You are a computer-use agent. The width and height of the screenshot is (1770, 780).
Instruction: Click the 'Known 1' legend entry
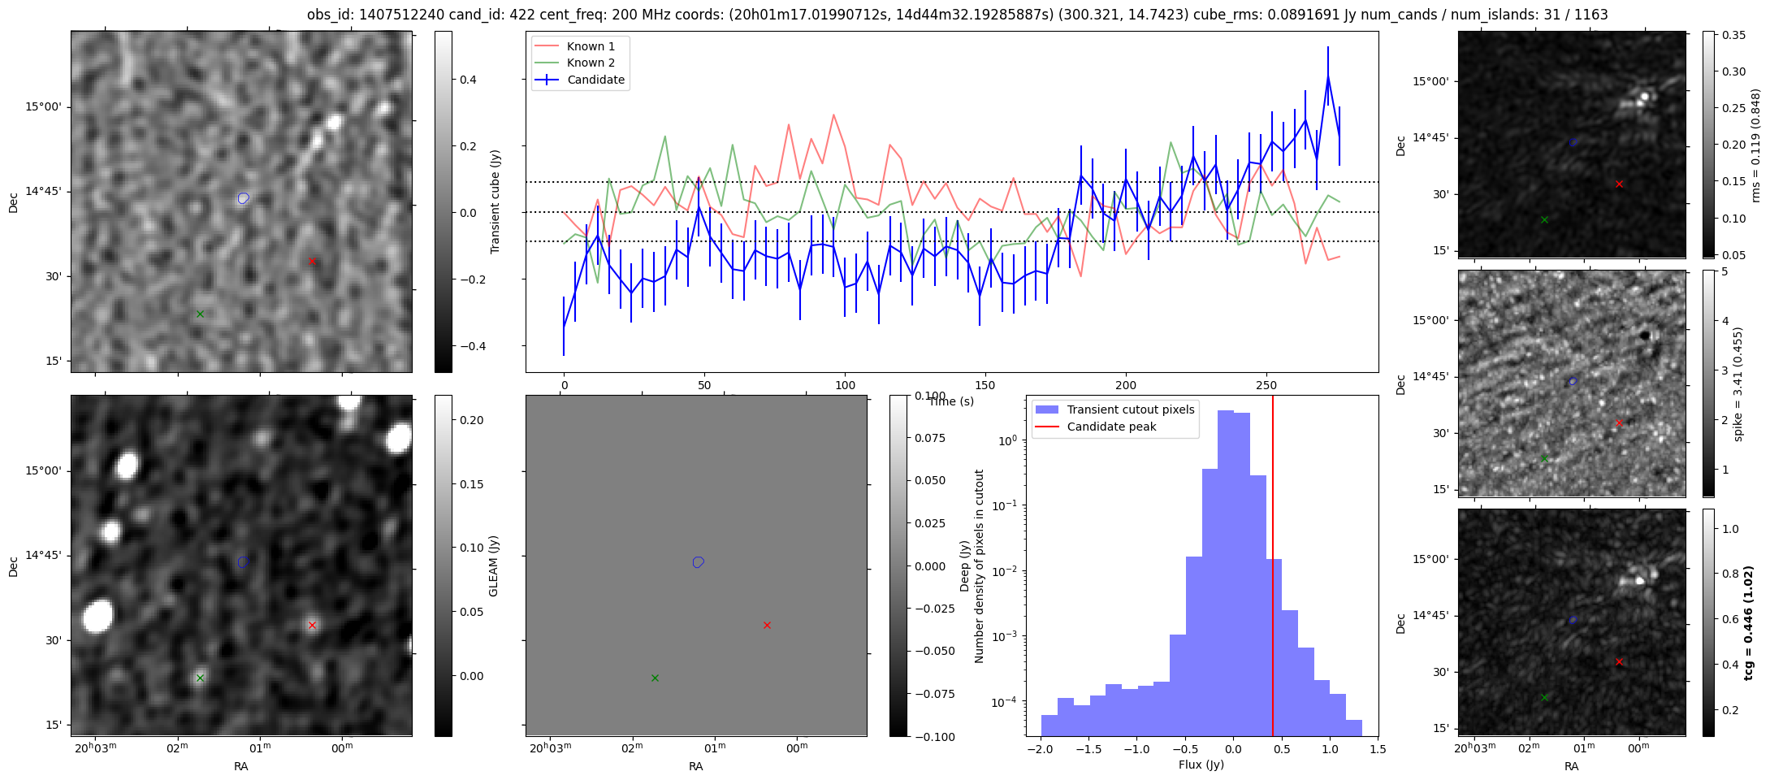pos(591,46)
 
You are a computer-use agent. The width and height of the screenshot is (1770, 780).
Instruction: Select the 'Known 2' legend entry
pos(591,63)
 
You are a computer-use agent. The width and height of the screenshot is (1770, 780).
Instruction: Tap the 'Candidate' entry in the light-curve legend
pos(595,80)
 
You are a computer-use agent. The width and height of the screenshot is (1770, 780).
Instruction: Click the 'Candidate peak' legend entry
pos(1111,427)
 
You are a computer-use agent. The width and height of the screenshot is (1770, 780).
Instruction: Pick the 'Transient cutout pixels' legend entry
pos(1130,409)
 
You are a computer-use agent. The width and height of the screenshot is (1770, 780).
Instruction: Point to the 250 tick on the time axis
pos(1266,385)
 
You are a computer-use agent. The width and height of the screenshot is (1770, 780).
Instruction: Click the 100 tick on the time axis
pos(845,385)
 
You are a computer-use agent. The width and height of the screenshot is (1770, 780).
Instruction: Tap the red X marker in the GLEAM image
pos(312,625)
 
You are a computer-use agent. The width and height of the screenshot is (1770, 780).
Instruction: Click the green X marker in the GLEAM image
pos(200,678)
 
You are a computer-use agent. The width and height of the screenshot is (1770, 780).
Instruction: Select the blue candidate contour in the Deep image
pos(698,562)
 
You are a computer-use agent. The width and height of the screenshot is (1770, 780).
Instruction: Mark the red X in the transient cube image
pos(312,261)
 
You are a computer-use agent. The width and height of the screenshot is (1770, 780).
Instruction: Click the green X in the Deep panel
pos(655,678)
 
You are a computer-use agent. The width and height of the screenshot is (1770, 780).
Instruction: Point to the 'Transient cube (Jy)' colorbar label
pos(495,201)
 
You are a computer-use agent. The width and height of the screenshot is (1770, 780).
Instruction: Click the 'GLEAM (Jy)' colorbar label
pos(493,565)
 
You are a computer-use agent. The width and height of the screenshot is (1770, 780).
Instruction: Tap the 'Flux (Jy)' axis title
pos(1201,765)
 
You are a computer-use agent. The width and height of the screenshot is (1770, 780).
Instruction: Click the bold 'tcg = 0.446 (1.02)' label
pos(1748,622)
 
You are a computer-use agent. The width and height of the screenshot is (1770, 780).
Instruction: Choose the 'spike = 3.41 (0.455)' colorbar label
pos(1738,383)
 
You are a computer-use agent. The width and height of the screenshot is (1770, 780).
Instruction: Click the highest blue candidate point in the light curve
pos(1328,76)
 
